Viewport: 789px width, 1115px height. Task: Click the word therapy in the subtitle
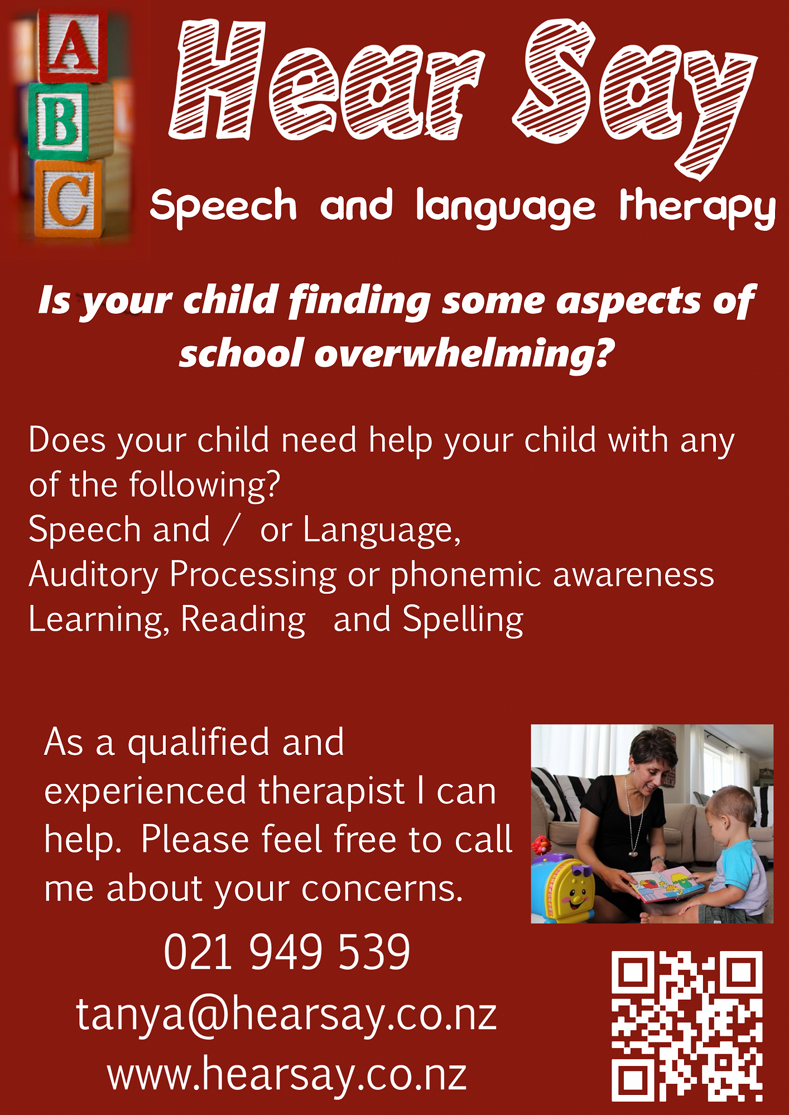[697, 207]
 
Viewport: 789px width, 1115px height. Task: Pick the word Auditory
[94, 575]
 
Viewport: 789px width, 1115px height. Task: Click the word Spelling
[463, 620]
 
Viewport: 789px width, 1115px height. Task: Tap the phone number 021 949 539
[287, 952]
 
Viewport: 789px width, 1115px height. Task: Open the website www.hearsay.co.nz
[287, 1074]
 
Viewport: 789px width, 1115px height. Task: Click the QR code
[687, 1026]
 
